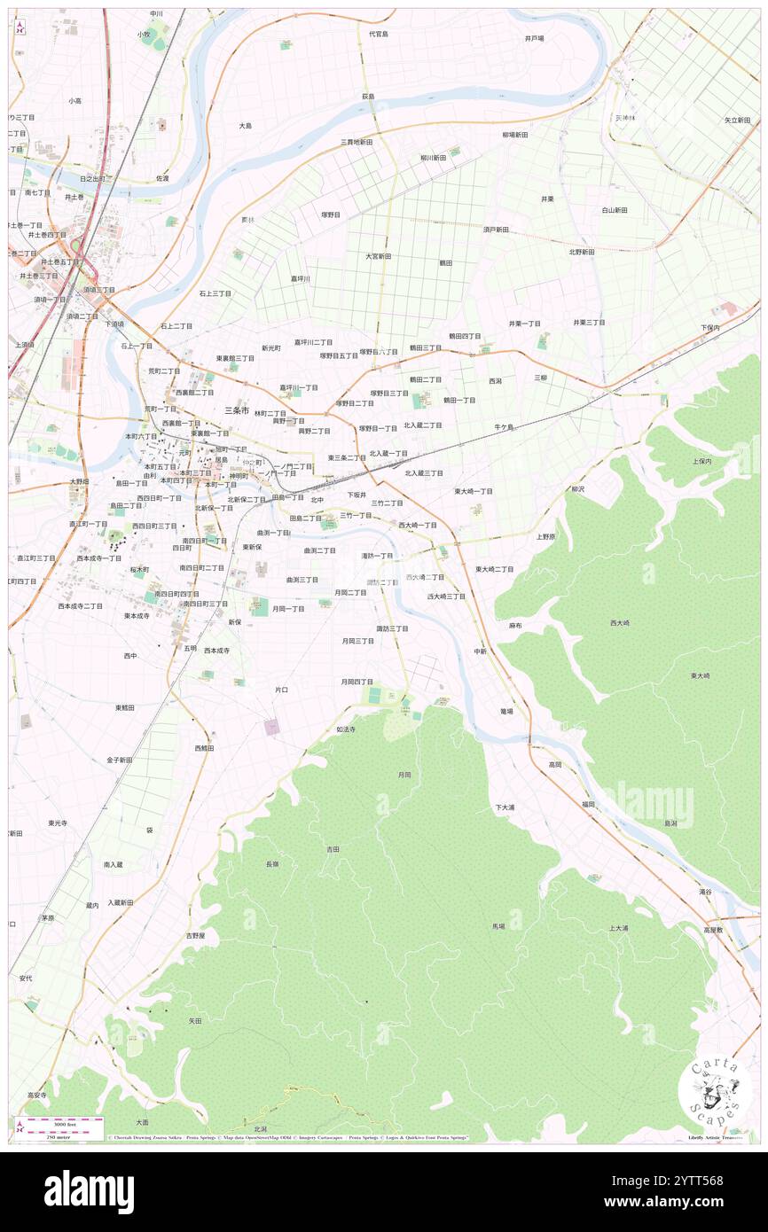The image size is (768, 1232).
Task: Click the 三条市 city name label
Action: tap(237, 410)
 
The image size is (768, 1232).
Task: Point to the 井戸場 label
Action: tap(534, 38)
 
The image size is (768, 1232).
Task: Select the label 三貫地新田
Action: tap(357, 142)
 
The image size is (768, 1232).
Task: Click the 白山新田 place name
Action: tap(615, 210)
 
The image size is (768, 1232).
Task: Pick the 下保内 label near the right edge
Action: tap(709, 327)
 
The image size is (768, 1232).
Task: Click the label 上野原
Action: tap(545, 536)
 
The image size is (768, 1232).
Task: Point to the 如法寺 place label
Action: tap(346, 729)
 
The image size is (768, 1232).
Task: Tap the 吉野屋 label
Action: tap(195, 935)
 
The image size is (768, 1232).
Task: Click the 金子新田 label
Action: tap(120, 760)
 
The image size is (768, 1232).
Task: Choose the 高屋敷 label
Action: tap(714, 930)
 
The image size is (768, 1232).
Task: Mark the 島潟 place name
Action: tap(670, 823)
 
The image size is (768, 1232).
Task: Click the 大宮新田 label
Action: tap(379, 256)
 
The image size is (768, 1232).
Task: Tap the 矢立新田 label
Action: tap(738, 120)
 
